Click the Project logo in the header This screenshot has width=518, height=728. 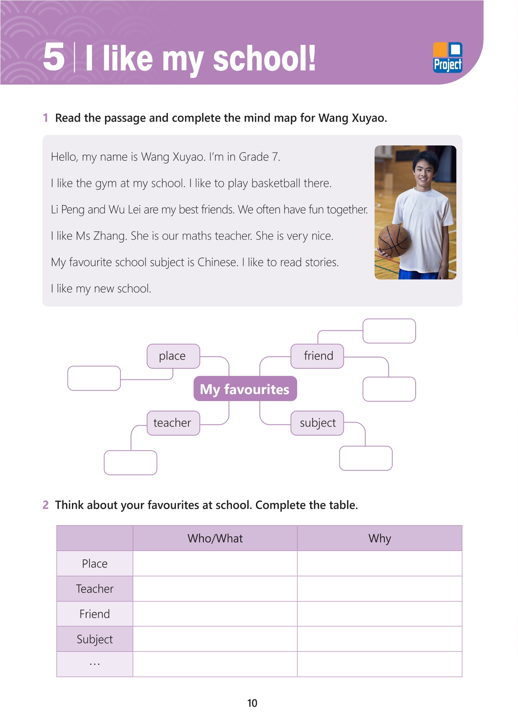(447, 58)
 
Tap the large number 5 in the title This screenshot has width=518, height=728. (54, 57)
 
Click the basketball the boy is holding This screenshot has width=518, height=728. (394, 240)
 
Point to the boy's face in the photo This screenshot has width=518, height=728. (424, 170)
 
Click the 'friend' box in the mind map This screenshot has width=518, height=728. (317, 356)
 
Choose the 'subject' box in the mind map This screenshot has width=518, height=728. (317, 423)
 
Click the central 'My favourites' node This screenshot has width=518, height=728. (245, 389)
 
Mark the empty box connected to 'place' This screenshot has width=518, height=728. (94, 378)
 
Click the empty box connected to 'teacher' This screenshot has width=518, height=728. (130, 462)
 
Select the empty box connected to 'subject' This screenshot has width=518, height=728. (365, 458)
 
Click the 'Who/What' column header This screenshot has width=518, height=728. (215, 538)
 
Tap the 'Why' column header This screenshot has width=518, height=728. (379, 538)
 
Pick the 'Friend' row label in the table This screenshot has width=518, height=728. (95, 614)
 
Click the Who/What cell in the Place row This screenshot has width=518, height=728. (215, 564)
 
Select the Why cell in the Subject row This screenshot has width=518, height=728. (379, 639)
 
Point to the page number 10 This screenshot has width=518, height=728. (252, 703)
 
